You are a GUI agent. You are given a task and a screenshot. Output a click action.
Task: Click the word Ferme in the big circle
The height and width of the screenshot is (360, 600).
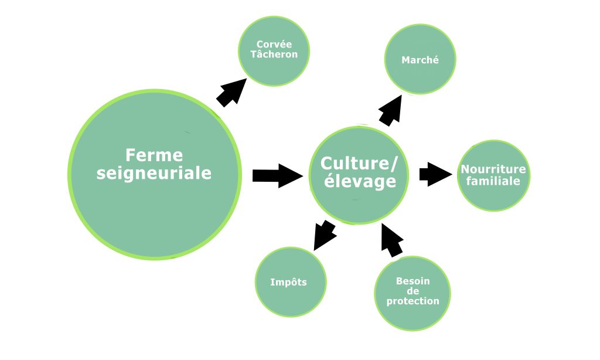click(x=154, y=155)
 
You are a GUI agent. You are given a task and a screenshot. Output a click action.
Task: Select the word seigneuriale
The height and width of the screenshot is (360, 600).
click(x=154, y=174)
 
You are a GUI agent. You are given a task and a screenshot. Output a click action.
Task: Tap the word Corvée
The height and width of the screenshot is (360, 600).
click(x=274, y=45)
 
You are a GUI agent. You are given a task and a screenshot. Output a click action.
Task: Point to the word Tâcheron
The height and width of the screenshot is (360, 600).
click(x=274, y=54)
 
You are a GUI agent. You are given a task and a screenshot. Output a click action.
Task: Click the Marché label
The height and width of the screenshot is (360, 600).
click(x=420, y=60)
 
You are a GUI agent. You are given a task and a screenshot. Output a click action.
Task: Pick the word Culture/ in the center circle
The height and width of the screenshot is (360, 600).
click(x=359, y=162)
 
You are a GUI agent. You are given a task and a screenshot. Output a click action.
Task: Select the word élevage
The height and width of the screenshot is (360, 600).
click(x=359, y=181)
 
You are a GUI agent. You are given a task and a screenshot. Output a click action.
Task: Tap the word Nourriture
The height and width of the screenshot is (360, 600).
click(x=493, y=169)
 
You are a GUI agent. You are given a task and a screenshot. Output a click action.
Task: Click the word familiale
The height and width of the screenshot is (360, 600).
click(x=493, y=181)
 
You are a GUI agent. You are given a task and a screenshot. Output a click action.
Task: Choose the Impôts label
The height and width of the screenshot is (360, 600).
click(x=288, y=282)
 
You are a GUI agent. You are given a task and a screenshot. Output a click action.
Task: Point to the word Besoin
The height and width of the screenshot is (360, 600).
click(x=412, y=281)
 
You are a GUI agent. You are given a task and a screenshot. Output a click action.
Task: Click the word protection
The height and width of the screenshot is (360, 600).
click(x=412, y=301)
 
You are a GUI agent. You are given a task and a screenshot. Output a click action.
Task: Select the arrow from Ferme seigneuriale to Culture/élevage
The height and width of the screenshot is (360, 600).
click(x=277, y=175)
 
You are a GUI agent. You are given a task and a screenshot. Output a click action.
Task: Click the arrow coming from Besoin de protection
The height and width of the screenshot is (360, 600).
click(x=391, y=239)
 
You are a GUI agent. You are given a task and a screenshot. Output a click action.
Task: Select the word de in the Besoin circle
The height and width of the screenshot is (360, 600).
click(x=412, y=291)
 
